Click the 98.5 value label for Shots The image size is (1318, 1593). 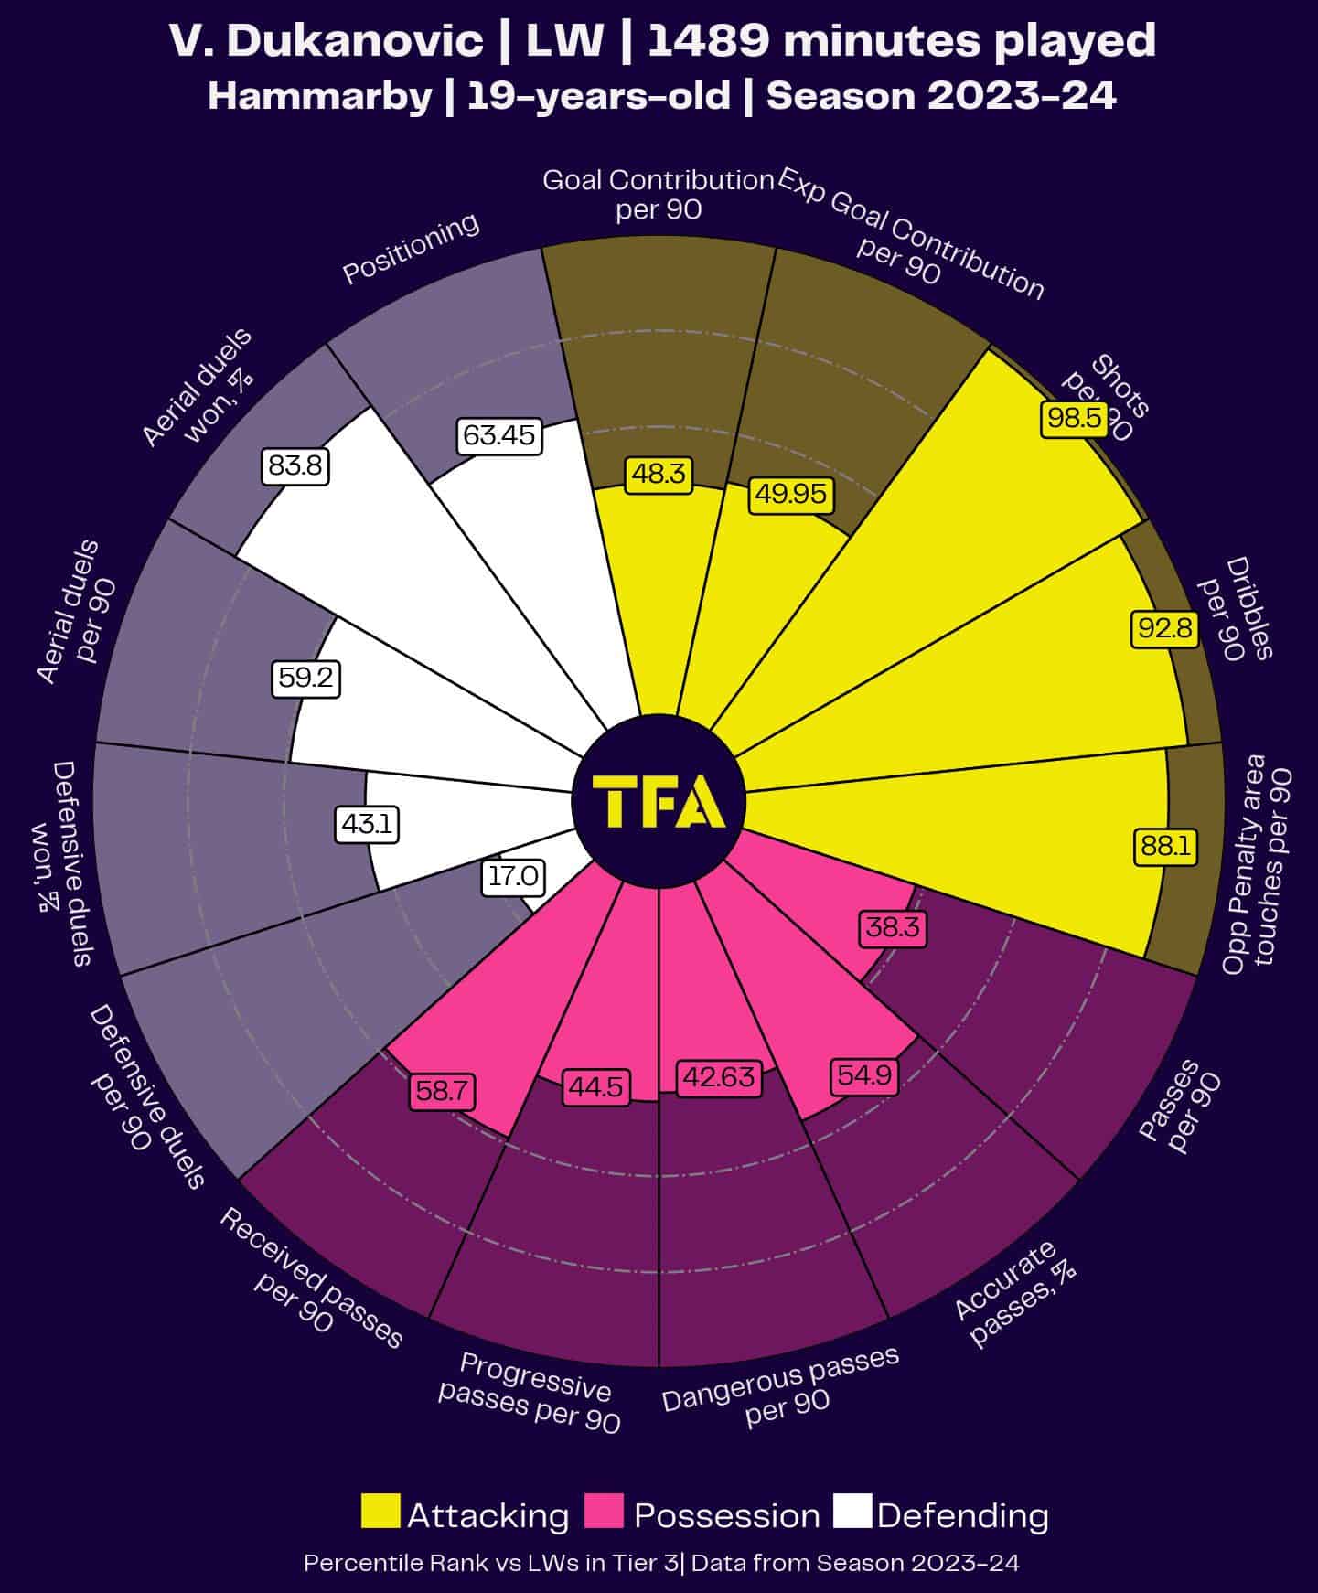pos(1074,419)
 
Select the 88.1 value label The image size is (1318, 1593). pos(1164,846)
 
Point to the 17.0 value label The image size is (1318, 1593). pos(512,876)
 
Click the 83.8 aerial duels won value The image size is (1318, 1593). pos(295,466)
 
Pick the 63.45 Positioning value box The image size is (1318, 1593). pos(498,435)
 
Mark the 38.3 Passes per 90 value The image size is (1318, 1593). pos(893,928)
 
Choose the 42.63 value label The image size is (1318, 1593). pos(719,1077)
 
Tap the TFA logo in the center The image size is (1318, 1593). pos(659,801)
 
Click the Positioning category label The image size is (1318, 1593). pos(411,249)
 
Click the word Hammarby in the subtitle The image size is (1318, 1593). pos(319,96)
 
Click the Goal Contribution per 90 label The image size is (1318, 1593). pos(659,194)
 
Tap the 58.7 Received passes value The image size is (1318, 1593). pos(443,1090)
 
